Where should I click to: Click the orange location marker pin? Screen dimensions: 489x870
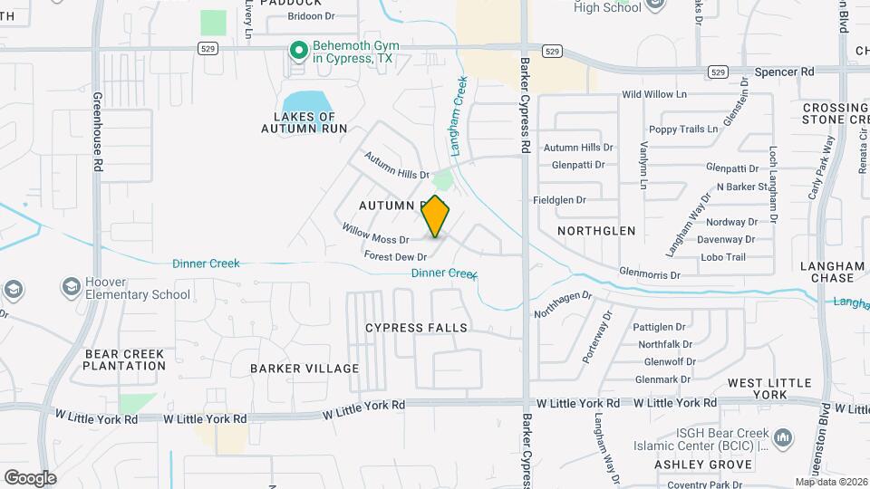[x=436, y=216]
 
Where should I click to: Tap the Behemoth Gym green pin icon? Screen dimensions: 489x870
[x=297, y=51]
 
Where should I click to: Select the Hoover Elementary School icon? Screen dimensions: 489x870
[x=71, y=288]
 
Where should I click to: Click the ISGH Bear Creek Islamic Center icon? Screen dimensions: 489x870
[x=784, y=439]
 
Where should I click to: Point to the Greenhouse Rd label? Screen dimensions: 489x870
[x=97, y=131]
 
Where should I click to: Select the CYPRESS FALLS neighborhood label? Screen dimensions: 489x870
[x=417, y=328]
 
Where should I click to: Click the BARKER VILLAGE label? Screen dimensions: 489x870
[x=304, y=369]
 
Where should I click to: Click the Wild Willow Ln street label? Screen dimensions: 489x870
[x=654, y=94]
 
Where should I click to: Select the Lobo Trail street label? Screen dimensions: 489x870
[x=722, y=257]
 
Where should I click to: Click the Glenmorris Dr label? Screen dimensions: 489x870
[x=650, y=272]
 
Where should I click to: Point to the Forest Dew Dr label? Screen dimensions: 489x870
[x=395, y=257]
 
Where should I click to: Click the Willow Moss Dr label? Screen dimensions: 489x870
[x=375, y=234]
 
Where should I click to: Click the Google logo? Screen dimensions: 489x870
[x=30, y=477]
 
